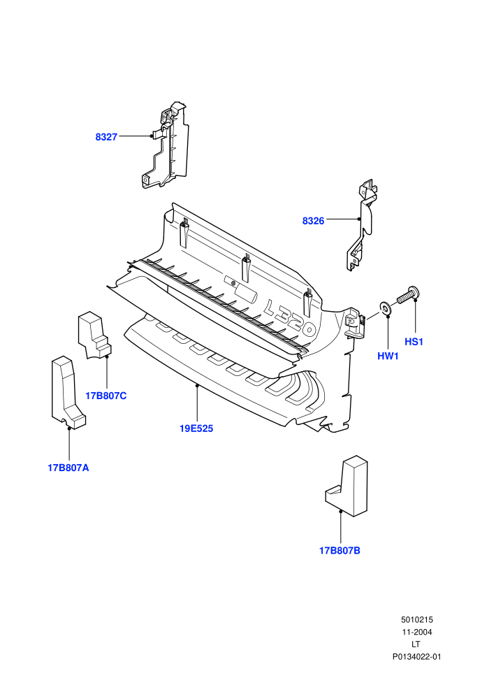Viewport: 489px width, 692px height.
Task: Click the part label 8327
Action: point(106,137)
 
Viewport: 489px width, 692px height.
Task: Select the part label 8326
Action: point(313,221)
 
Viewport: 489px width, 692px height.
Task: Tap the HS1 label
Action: point(414,342)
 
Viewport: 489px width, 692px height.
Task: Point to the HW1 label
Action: point(388,356)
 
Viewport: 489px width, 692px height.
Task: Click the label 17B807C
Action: point(105,396)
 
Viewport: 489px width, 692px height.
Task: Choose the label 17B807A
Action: point(68,468)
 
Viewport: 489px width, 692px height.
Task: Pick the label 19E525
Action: point(196,428)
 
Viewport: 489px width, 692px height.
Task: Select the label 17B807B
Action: point(340,551)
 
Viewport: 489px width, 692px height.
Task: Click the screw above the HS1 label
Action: point(408,294)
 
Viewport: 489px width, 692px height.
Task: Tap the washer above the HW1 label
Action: point(385,308)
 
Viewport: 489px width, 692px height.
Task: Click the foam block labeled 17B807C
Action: point(94,335)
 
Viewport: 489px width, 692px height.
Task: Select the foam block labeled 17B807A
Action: point(68,392)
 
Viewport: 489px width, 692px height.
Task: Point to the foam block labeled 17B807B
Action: point(347,486)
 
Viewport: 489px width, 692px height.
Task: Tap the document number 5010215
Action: point(416,619)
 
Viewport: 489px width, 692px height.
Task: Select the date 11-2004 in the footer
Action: point(416,632)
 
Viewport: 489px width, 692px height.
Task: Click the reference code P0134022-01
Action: point(416,656)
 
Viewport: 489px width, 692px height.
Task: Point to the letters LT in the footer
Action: point(416,644)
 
